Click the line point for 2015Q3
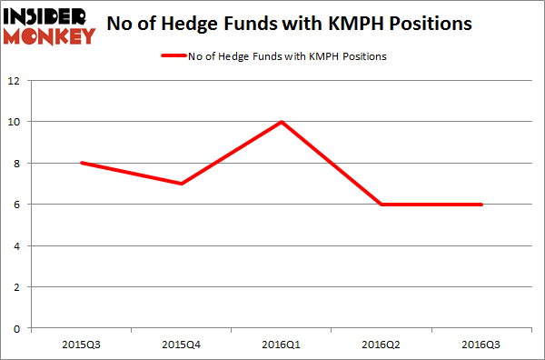pos(82,163)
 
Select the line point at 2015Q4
pos(182,184)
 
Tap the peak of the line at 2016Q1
pos(282,122)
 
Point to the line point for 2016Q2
pos(382,205)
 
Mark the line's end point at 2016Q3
pos(482,205)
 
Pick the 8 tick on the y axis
pos(18,164)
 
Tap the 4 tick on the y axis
pos(18,245)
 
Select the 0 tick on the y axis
pos(18,328)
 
